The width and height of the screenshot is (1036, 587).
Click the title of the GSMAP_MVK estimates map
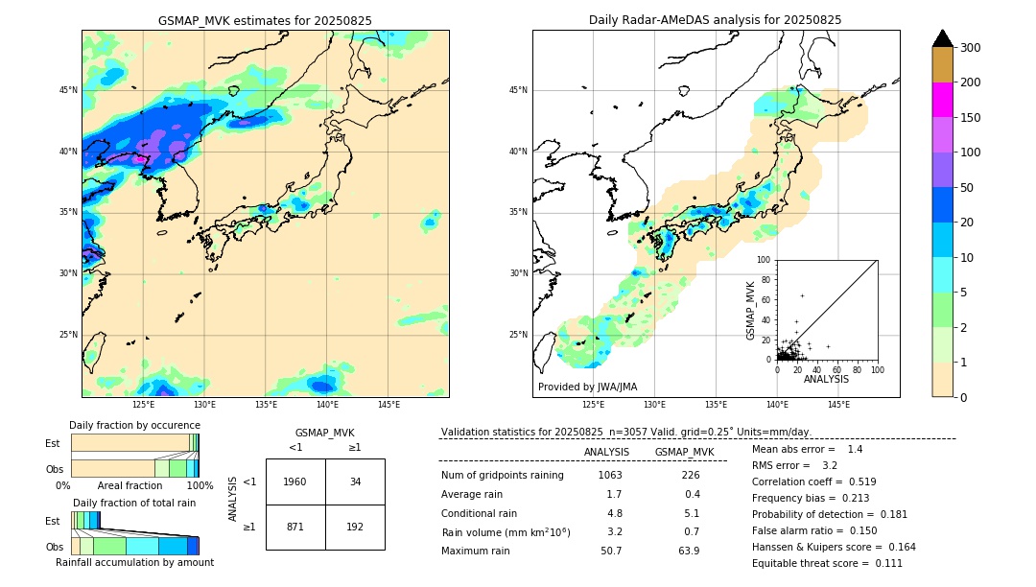tap(265, 20)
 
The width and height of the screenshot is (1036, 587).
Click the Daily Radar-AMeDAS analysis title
tap(715, 20)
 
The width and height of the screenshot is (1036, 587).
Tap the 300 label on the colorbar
tap(972, 47)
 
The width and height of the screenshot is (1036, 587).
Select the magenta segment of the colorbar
tap(942, 100)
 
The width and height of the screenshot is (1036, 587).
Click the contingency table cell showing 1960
tap(295, 481)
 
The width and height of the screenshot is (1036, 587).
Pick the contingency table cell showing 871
tap(295, 528)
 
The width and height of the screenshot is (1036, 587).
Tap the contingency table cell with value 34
tap(355, 481)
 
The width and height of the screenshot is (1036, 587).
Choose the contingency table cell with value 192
tap(355, 528)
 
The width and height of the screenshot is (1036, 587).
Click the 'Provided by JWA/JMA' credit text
tap(587, 387)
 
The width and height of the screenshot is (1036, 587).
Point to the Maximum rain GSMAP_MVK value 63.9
tap(690, 551)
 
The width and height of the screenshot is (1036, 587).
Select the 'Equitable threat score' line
tap(827, 563)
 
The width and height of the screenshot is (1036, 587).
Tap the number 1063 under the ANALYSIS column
tap(610, 476)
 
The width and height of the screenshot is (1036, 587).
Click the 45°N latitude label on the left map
tap(68, 90)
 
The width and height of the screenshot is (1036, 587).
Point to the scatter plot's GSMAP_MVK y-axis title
tap(751, 310)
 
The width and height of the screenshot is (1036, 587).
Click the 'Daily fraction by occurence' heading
tap(134, 425)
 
